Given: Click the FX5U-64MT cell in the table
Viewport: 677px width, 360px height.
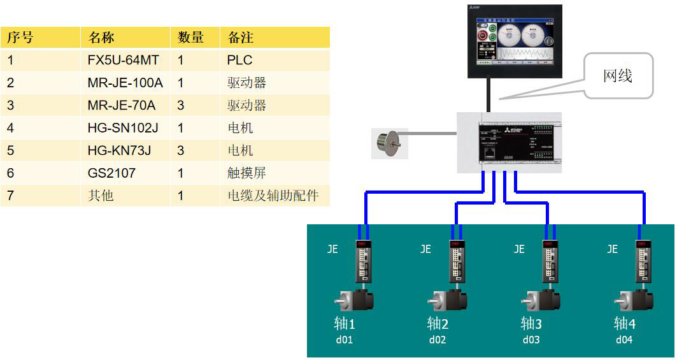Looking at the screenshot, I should point(124,60).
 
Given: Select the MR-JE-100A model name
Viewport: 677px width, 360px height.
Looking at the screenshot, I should point(125,83).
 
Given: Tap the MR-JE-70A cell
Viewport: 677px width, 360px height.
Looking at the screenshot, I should point(121,105).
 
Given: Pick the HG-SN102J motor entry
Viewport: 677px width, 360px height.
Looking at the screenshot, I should point(123,127).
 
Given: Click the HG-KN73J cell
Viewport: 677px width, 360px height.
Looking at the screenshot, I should point(119,150).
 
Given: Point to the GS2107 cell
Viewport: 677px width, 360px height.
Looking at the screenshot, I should point(111,173).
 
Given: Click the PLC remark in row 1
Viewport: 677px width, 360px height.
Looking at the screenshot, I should point(239,60).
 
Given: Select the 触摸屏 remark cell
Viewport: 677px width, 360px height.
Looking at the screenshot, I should point(246,173).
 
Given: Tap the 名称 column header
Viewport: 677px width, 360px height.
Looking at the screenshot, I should point(101,38).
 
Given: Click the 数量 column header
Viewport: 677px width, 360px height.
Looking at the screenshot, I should point(190,38).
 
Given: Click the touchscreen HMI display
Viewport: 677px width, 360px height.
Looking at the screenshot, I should point(515,41).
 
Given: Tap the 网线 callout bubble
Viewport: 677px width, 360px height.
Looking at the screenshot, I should point(618,76).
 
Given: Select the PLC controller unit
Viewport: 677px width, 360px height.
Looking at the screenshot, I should point(510,142).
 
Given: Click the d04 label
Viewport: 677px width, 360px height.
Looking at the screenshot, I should point(624,340).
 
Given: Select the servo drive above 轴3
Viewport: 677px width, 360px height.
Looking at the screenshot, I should point(550,262).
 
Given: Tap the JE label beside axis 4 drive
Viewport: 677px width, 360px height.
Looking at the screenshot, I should point(612,249).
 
